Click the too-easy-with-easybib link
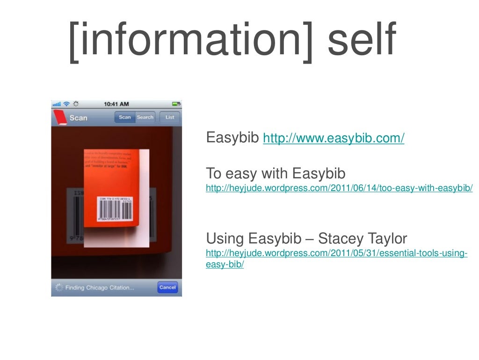pyautogui.click(x=339, y=188)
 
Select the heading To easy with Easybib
pyautogui.click(x=276, y=174)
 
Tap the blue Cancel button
pyautogui.click(x=167, y=287)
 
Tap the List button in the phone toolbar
pyautogui.click(x=170, y=117)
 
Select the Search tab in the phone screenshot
pyautogui.click(x=145, y=117)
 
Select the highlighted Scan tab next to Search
pyautogui.click(x=125, y=117)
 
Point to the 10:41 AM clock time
pyautogui.click(x=116, y=104)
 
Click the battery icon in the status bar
pyautogui.click(x=176, y=104)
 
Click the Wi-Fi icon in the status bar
pyautogui.click(x=66, y=104)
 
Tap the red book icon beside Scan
pyautogui.click(x=59, y=118)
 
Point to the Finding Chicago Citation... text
pyautogui.click(x=100, y=287)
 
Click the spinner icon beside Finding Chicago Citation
pyautogui.click(x=58, y=287)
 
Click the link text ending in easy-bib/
pyautogui.click(x=225, y=264)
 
